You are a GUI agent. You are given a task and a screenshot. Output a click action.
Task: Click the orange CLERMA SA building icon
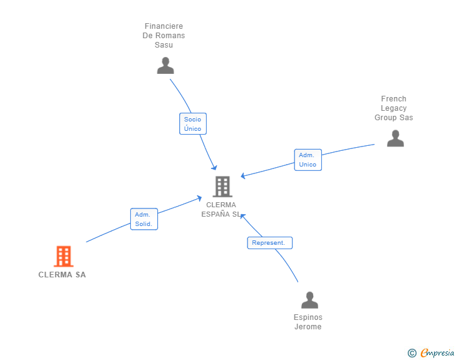tap(64, 256)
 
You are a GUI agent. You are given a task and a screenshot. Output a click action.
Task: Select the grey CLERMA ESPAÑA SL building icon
tap(222, 187)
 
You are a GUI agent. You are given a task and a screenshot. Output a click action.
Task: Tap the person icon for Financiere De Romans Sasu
tap(165, 66)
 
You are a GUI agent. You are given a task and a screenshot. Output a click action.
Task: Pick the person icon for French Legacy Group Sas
tap(395, 138)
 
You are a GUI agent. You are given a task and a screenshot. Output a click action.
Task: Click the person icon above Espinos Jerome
tap(309, 300)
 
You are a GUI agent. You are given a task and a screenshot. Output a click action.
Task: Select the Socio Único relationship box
tap(193, 124)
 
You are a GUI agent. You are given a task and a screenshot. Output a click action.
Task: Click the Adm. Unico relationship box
tap(308, 160)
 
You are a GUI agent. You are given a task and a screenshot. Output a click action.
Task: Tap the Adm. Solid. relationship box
tap(144, 219)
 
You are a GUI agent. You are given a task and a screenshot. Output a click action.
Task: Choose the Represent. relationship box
tap(270, 243)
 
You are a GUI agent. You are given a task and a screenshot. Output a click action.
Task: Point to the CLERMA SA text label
tap(62, 275)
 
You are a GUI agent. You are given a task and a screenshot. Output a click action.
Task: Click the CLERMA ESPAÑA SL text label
tap(221, 210)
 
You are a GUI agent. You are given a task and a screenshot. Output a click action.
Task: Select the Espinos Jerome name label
tap(308, 322)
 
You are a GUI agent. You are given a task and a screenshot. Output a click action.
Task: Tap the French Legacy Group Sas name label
tap(394, 108)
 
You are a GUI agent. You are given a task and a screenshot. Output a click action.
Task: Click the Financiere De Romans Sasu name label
tap(163, 36)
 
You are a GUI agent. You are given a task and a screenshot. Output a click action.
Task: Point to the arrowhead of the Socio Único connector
tap(215, 168)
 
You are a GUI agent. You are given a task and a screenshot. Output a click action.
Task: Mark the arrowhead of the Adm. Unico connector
tap(243, 176)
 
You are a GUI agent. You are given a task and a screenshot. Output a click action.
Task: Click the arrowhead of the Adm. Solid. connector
tap(199, 198)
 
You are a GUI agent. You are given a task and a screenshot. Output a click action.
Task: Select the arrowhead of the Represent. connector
tap(242, 216)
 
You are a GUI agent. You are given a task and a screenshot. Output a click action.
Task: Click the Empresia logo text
tap(437, 352)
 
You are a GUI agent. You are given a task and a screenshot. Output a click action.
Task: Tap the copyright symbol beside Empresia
tap(412, 353)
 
